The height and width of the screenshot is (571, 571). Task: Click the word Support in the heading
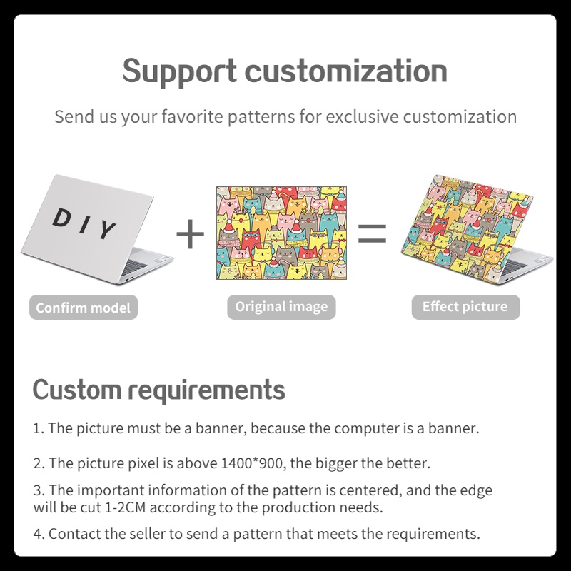(x=180, y=71)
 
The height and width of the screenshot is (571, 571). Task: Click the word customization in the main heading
(x=346, y=71)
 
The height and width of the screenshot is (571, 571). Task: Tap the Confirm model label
(x=84, y=308)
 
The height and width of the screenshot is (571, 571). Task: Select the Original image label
(x=282, y=307)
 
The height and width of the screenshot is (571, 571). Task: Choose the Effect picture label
(x=465, y=307)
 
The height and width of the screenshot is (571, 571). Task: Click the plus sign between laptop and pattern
(x=190, y=234)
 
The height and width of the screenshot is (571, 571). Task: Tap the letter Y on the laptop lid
(x=106, y=230)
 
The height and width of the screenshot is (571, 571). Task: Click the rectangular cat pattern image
(x=281, y=233)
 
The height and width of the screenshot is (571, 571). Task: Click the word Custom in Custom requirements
(x=76, y=390)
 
